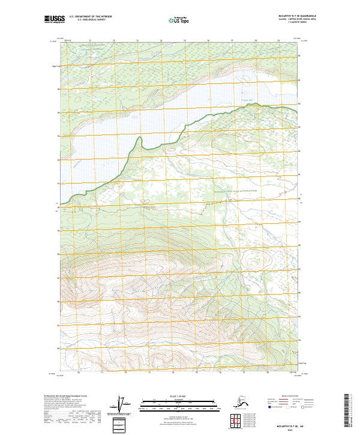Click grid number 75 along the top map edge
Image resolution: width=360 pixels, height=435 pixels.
tap(184, 40)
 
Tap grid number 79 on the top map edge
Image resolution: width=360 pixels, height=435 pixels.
tap(278, 40)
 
